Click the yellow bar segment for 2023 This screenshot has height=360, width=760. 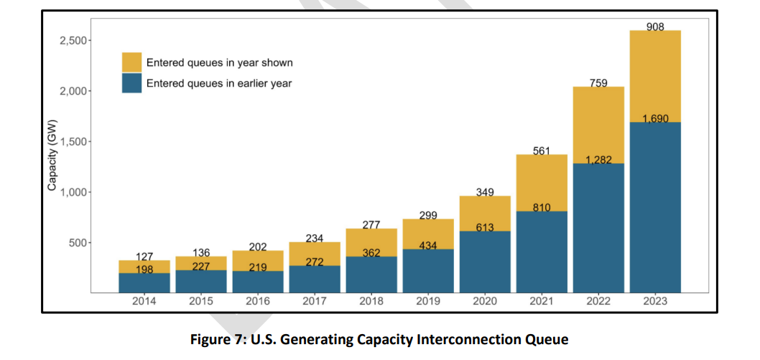(x=654, y=76)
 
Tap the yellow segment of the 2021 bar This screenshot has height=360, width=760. (x=541, y=183)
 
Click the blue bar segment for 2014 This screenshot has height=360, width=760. (x=144, y=283)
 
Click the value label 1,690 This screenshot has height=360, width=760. (x=655, y=119)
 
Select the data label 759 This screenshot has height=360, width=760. (x=598, y=83)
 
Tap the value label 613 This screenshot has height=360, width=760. (x=485, y=228)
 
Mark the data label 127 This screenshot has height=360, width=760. (x=144, y=257)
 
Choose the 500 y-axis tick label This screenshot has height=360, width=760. (x=76, y=243)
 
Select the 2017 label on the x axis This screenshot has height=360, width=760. (x=314, y=302)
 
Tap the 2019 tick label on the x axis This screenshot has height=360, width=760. (x=427, y=302)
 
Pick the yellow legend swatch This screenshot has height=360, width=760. (x=131, y=62)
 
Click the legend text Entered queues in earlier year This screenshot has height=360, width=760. (x=219, y=83)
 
